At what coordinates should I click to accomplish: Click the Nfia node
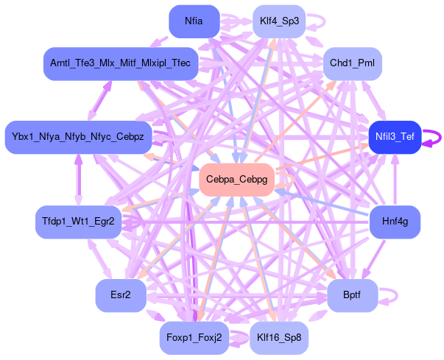194,21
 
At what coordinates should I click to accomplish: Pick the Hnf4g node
395,221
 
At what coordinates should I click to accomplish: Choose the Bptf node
352,295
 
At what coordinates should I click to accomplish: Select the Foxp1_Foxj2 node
194,339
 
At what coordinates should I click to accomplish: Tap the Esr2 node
120,295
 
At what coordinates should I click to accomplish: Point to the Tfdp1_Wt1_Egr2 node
78,221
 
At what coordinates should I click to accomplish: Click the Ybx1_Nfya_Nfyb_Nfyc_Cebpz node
78,137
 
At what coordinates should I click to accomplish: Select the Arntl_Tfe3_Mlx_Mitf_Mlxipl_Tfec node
120,64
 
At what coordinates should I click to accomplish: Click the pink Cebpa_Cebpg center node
236,180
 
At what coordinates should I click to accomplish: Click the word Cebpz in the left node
134,137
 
